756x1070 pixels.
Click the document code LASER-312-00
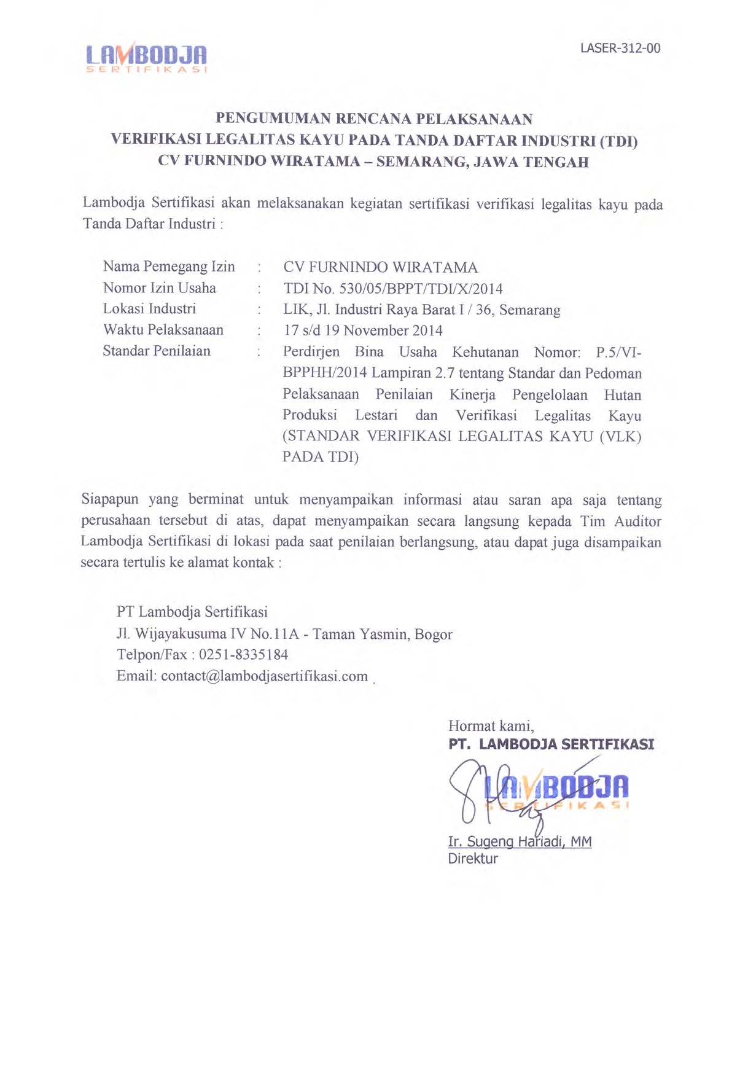tap(620, 49)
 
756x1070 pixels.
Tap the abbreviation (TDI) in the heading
tap(618, 141)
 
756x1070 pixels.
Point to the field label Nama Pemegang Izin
tap(169, 267)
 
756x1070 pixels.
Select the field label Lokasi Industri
tap(149, 309)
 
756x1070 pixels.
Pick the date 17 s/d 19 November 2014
tap(363, 330)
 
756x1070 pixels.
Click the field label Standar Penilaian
tap(157, 351)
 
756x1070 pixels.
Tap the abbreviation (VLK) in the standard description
tap(620, 437)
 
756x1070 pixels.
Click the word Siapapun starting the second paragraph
tap(110, 500)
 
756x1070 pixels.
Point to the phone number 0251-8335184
tap(243, 655)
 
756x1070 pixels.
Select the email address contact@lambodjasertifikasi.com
tap(264, 676)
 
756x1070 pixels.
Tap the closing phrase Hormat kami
tap(491, 726)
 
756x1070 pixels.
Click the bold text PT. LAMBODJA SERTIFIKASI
tap(551, 744)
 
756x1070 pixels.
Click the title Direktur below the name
tap(473, 858)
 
